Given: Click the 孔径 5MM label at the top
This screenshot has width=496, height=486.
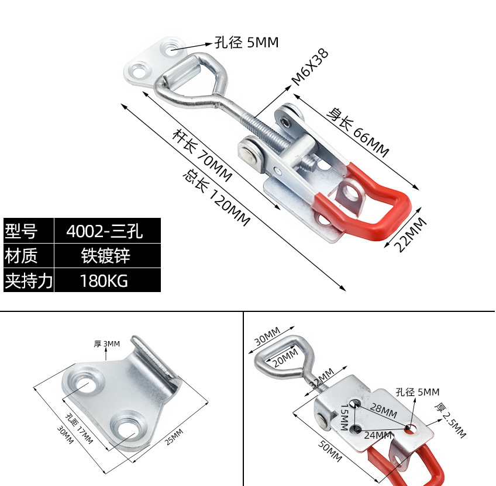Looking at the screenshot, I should pyautogui.click(x=246, y=43).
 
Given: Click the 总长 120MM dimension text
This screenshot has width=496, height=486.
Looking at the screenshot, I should pyautogui.click(x=216, y=197).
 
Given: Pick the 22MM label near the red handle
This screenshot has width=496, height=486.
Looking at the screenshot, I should pyautogui.click(x=410, y=234).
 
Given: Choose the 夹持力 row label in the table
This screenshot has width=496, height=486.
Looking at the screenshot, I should pyautogui.click(x=28, y=281).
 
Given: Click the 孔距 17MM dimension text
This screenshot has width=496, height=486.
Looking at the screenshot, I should pyautogui.click(x=79, y=429).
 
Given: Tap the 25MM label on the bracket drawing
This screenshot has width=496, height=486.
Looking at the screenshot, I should pyautogui.click(x=173, y=436).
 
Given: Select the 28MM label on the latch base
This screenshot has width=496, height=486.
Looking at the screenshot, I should pyautogui.click(x=384, y=410).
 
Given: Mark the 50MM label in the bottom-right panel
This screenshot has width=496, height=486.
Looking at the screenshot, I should pyautogui.click(x=330, y=451).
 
